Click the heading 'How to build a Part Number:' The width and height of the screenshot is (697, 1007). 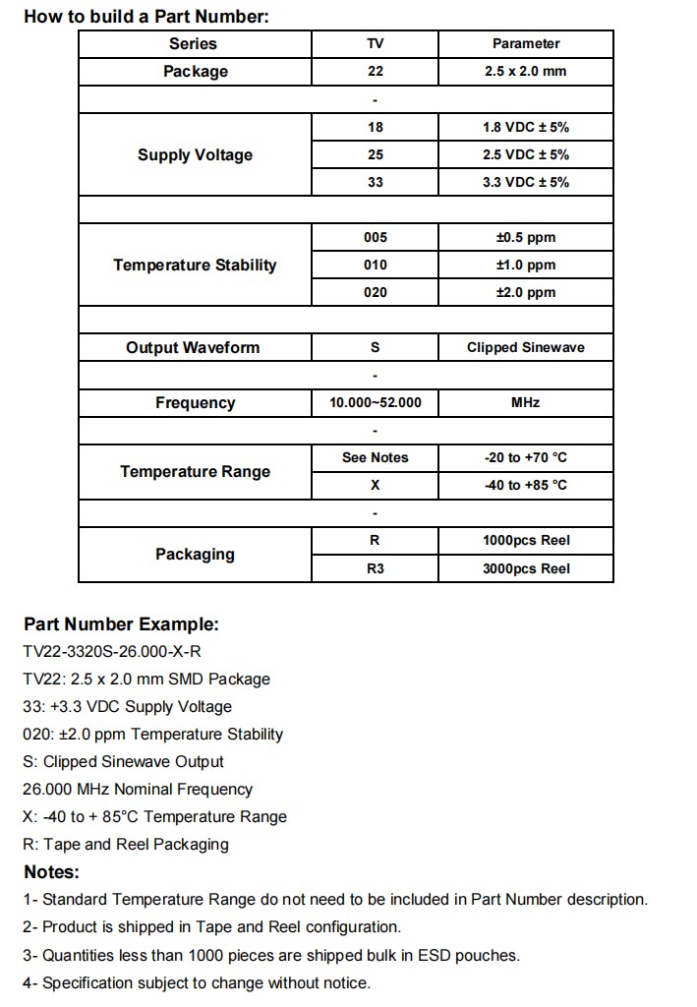(146, 17)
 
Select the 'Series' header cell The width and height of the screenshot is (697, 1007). (194, 43)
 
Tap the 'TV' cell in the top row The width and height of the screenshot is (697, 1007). (375, 43)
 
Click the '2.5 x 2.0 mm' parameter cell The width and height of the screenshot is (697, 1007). (525, 72)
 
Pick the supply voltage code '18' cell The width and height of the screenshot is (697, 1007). (375, 127)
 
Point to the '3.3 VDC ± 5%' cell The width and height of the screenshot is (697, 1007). (525, 182)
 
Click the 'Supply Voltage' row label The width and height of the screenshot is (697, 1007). (195, 154)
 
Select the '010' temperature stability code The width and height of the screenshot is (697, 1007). (375, 265)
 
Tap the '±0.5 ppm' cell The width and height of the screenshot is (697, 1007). (525, 237)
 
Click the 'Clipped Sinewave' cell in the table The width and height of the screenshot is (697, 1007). (525, 347)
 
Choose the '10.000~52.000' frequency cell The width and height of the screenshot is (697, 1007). (375, 402)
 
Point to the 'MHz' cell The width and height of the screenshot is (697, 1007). (525, 402)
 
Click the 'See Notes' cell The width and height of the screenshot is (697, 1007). (375, 457)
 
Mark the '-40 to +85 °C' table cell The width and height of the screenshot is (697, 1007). (525, 485)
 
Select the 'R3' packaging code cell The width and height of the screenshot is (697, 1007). (375, 568)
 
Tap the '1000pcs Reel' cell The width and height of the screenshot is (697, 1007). (525, 540)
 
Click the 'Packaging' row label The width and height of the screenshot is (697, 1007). (195, 554)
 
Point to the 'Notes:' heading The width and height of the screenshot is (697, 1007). (51, 871)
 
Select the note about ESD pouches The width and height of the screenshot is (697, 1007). (271, 955)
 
